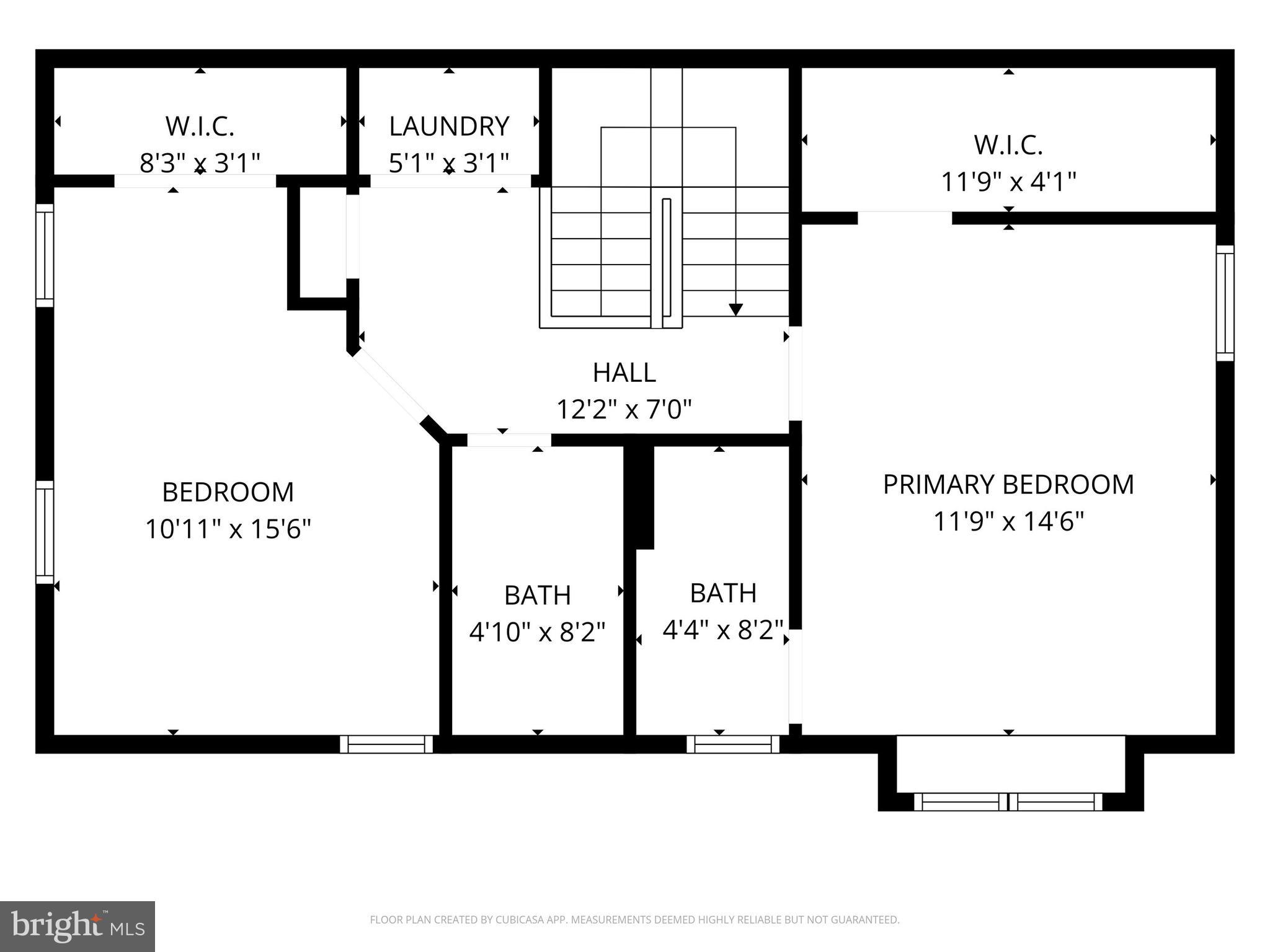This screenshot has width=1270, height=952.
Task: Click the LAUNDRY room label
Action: (449, 126)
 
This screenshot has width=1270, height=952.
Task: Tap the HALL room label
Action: (624, 372)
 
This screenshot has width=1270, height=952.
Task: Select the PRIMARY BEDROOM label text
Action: (1008, 485)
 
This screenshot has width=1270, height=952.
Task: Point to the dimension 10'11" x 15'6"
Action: (228, 529)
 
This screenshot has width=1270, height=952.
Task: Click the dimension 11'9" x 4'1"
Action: (1008, 182)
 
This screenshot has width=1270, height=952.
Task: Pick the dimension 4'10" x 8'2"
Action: (537, 632)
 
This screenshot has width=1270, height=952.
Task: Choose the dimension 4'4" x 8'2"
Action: (723, 630)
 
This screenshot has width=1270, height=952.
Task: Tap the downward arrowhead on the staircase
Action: (735, 309)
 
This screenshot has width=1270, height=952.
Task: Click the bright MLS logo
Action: (77, 927)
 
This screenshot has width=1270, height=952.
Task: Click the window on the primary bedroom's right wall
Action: (1225, 303)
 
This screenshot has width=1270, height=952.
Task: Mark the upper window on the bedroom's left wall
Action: (45, 255)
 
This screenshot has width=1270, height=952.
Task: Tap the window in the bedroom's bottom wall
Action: (386, 744)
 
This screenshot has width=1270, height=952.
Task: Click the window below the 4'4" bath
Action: (733, 744)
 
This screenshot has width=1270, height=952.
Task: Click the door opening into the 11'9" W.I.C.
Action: (904, 218)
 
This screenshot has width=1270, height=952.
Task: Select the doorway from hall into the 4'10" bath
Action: (508, 440)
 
